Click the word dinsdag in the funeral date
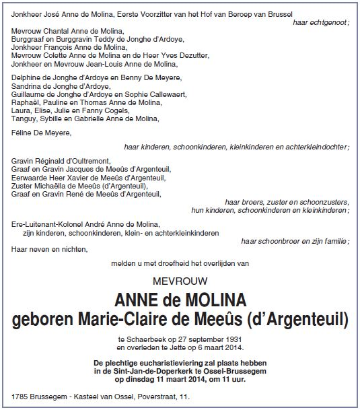[139, 378]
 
